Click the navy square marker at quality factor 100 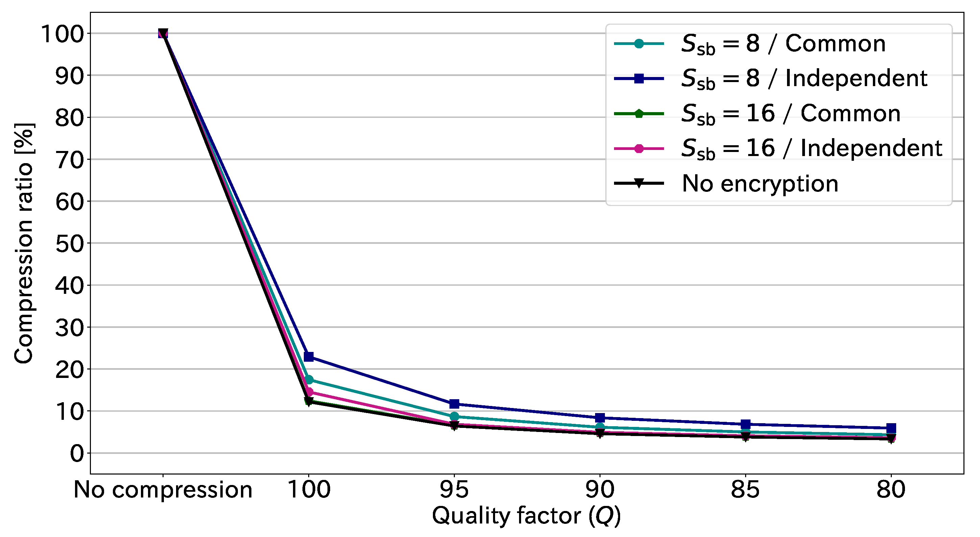click(309, 357)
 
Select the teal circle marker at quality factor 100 click(309, 380)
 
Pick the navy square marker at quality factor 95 click(454, 404)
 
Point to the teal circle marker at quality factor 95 click(454, 416)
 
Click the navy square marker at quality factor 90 click(600, 417)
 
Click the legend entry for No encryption click(760, 184)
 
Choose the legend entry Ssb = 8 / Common click(783, 44)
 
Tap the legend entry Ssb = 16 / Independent click(811, 148)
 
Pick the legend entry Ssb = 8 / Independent click(804, 78)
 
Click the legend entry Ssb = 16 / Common click(790, 113)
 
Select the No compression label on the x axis click(163, 489)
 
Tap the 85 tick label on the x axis click(745, 489)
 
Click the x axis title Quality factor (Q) click(526, 516)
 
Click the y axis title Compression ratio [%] click(24, 244)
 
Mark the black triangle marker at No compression click(163, 33)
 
